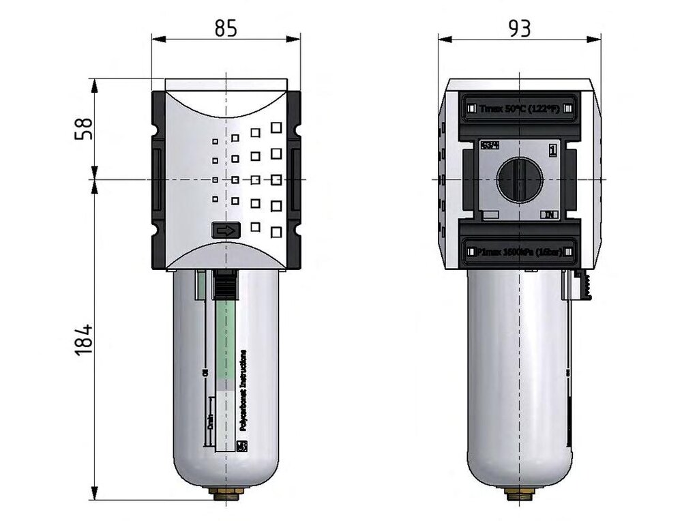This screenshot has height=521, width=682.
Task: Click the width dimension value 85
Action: (x=226, y=28)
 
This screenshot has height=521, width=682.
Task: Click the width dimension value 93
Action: (x=519, y=28)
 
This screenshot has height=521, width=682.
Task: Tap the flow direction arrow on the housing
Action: (x=224, y=231)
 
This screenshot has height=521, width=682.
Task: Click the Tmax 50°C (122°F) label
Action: (x=520, y=108)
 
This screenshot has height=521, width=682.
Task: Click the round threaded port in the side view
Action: (x=520, y=181)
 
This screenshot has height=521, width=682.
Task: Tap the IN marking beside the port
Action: (x=550, y=215)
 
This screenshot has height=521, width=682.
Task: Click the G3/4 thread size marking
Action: (x=488, y=145)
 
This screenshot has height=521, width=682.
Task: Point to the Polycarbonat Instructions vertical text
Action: (x=243, y=389)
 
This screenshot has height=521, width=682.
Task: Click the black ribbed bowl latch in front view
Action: (x=224, y=282)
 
